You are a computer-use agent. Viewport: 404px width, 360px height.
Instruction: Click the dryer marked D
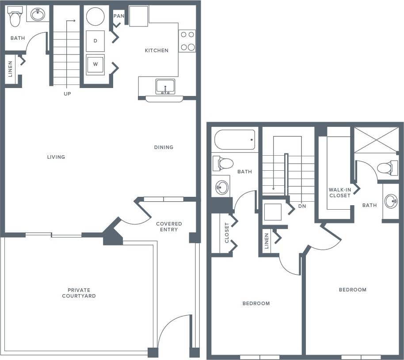click(x=95, y=41)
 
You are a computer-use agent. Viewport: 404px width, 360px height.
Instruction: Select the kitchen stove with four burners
click(x=187, y=41)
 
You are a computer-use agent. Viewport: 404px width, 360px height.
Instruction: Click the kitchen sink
click(x=165, y=86)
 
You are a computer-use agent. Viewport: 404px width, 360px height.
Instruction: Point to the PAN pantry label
click(x=118, y=16)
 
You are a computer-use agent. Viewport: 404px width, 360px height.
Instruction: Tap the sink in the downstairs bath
click(x=38, y=15)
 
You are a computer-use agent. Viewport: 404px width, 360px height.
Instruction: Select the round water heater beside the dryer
click(x=95, y=17)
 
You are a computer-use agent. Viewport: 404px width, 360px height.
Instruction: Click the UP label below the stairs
click(x=67, y=94)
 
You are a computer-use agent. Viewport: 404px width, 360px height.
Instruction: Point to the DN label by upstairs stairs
click(x=302, y=206)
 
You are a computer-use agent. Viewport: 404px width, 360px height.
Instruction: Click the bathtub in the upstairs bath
click(x=235, y=140)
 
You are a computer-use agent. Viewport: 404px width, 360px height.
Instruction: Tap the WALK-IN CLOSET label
click(x=339, y=192)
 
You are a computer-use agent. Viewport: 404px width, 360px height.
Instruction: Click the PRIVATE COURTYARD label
click(x=79, y=293)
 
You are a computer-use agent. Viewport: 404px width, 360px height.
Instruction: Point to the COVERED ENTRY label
click(x=169, y=226)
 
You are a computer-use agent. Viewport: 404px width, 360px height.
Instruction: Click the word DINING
click(x=164, y=147)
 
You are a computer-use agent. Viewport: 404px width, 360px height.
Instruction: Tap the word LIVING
click(x=56, y=157)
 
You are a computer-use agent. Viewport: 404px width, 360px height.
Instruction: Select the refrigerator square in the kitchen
click(x=139, y=16)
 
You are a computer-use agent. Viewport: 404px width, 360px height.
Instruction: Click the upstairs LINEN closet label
click(x=267, y=241)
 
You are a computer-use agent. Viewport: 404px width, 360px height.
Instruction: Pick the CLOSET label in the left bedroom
click(x=227, y=233)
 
